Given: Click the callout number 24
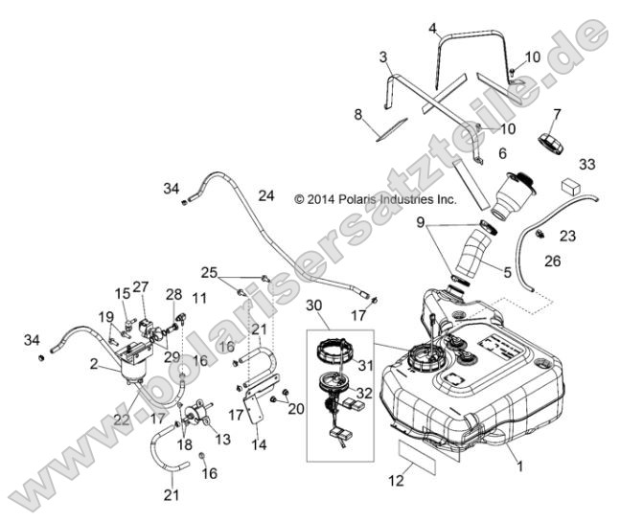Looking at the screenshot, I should [x=266, y=195].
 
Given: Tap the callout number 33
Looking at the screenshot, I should [x=586, y=164].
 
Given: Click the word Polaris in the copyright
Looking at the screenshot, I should [x=365, y=200].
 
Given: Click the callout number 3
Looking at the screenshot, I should [x=383, y=57].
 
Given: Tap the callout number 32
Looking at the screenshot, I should [x=365, y=391].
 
